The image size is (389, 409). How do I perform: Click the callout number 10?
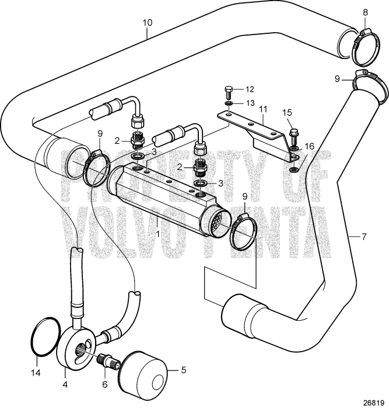[147, 23]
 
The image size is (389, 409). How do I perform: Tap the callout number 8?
[366, 11]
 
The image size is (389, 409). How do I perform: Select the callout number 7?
[364, 237]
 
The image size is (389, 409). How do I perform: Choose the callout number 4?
[65, 385]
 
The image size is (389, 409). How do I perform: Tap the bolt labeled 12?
[229, 91]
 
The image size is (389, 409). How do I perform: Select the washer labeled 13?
[230, 103]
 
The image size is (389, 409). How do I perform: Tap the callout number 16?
[310, 147]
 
